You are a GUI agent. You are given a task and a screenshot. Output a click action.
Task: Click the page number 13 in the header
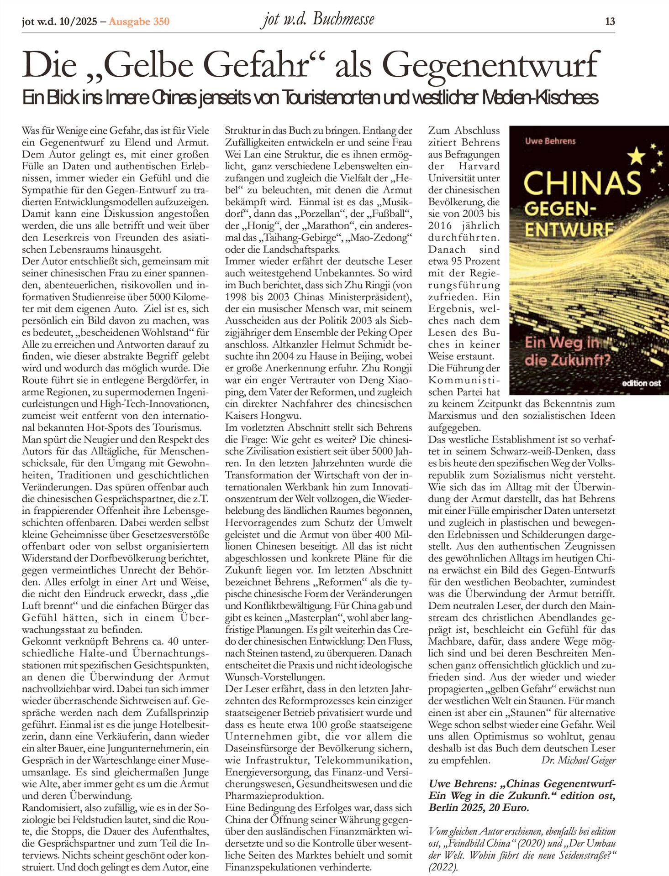(610, 21)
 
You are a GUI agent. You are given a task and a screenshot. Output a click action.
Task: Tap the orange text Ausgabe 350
(139, 21)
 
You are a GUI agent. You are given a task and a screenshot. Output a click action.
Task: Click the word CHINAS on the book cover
(582, 182)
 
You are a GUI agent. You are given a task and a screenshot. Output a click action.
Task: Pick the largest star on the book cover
(636, 157)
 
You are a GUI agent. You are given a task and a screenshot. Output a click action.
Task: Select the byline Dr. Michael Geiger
(579, 760)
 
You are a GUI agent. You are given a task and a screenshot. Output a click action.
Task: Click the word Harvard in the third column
(479, 166)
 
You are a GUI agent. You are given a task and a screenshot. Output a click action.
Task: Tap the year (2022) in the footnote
(442, 867)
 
